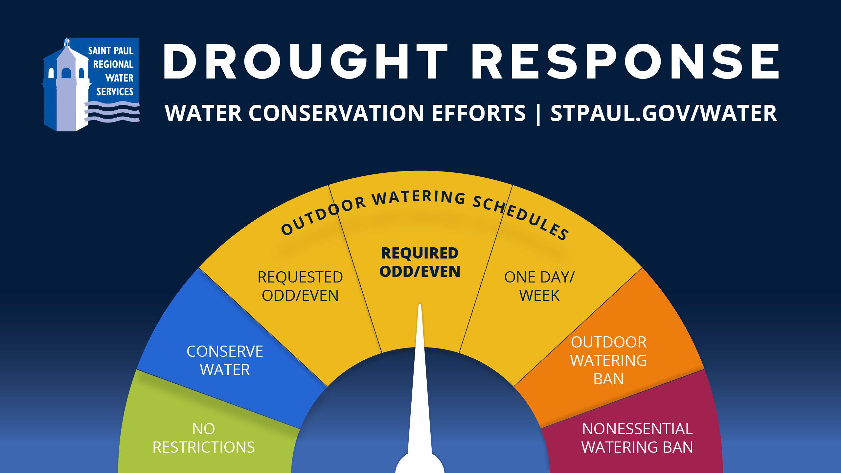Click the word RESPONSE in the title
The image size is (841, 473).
(x=625, y=62)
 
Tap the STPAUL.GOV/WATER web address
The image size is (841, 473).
(x=664, y=113)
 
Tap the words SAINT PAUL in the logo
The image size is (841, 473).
(x=111, y=51)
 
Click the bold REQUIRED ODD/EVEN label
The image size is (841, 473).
(x=420, y=262)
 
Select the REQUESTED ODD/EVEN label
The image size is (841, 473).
(x=300, y=286)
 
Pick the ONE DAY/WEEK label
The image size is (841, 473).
(x=539, y=286)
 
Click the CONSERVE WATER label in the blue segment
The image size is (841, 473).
(x=225, y=360)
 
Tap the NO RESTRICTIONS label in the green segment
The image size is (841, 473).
(x=204, y=438)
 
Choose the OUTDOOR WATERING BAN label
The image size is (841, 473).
(x=608, y=360)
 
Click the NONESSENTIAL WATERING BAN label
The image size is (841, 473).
(x=637, y=438)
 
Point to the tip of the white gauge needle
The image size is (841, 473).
(x=420, y=306)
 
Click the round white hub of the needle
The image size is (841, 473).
(x=420, y=465)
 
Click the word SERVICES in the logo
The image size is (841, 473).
(x=115, y=92)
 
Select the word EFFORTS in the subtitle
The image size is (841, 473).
(x=479, y=113)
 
